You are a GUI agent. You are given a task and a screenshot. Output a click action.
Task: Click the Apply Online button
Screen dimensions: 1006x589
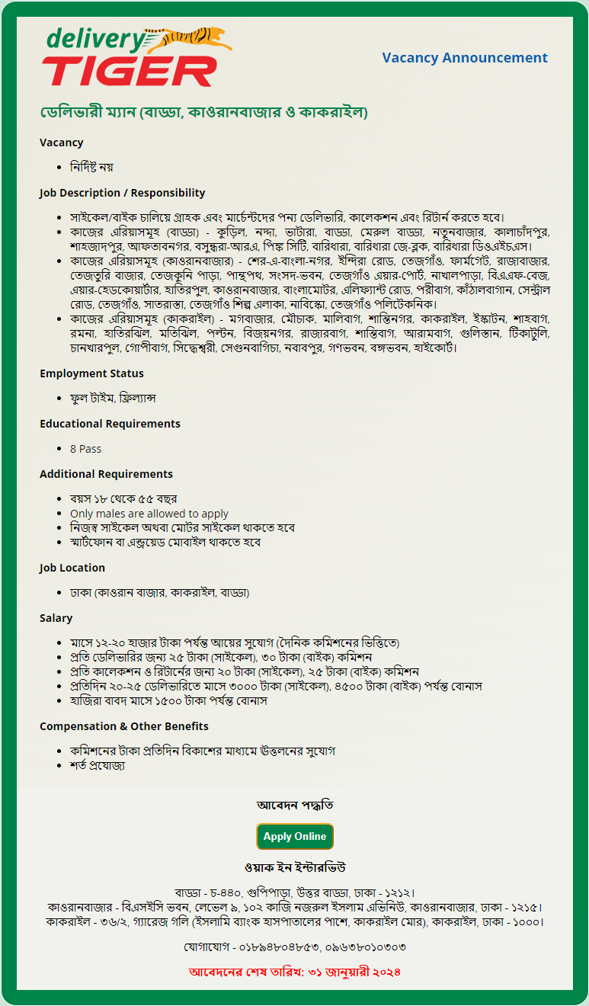(295, 836)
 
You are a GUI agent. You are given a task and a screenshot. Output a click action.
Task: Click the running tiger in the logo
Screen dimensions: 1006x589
(194, 39)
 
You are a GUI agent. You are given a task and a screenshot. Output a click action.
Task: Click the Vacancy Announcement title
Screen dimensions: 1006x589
(465, 58)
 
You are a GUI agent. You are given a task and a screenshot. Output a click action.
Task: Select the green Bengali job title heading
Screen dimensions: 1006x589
(204, 113)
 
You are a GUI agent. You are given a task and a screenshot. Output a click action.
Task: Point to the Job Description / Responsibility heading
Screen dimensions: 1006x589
(122, 193)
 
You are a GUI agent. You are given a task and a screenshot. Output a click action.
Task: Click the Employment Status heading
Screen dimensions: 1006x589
(91, 373)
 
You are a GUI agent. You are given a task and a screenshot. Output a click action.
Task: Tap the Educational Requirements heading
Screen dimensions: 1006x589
(110, 424)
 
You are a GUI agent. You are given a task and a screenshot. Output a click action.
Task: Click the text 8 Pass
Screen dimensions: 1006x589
(85, 449)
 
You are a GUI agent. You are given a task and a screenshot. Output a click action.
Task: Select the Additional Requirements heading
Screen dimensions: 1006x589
(106, 474)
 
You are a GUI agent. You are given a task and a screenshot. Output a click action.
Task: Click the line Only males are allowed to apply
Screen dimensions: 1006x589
(149, 514)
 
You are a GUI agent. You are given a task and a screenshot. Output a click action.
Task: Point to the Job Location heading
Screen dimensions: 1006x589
(72, 568)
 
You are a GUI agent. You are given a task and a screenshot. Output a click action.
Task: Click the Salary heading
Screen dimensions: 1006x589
(56, 618)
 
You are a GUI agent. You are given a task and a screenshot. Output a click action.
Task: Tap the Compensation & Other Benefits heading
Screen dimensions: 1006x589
(124, 726)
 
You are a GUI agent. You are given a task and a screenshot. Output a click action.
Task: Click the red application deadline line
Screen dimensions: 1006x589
(295, 972)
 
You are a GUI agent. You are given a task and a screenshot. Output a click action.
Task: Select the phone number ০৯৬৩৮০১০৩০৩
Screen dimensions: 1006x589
(364, 947)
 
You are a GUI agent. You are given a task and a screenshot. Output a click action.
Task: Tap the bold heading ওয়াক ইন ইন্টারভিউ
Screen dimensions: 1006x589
(295, 868)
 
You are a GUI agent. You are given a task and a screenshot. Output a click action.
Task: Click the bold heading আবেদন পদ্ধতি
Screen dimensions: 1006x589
(295, 806)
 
